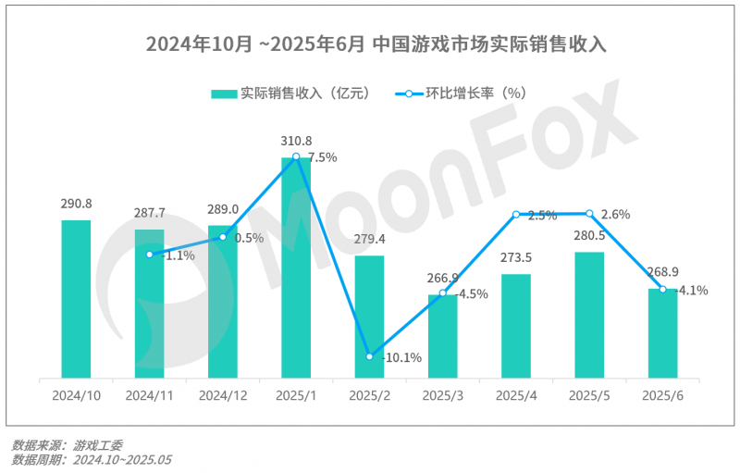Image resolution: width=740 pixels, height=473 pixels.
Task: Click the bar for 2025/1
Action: tap(296, 268)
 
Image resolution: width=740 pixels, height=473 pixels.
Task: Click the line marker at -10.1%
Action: tap(369, 356)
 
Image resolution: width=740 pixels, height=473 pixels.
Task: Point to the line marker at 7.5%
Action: tap(296, 156)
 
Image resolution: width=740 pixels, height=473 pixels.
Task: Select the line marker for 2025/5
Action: tap(589, 214)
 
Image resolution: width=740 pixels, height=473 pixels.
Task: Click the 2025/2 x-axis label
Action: tap(369, 395)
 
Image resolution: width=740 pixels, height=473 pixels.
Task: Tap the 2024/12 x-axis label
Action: tap(223, 395)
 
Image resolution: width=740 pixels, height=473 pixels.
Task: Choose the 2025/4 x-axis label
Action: tap(516, 395)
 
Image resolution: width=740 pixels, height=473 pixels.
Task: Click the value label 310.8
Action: tap(296, 141)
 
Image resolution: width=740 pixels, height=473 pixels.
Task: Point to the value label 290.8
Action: tap(76, 204)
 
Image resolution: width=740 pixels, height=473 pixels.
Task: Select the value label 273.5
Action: tap(516, 258)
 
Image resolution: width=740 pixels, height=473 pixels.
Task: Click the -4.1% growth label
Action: tap(693, 290)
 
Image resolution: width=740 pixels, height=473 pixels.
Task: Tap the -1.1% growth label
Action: tap(178, 255)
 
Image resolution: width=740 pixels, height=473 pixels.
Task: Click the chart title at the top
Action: tap(369, 44)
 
